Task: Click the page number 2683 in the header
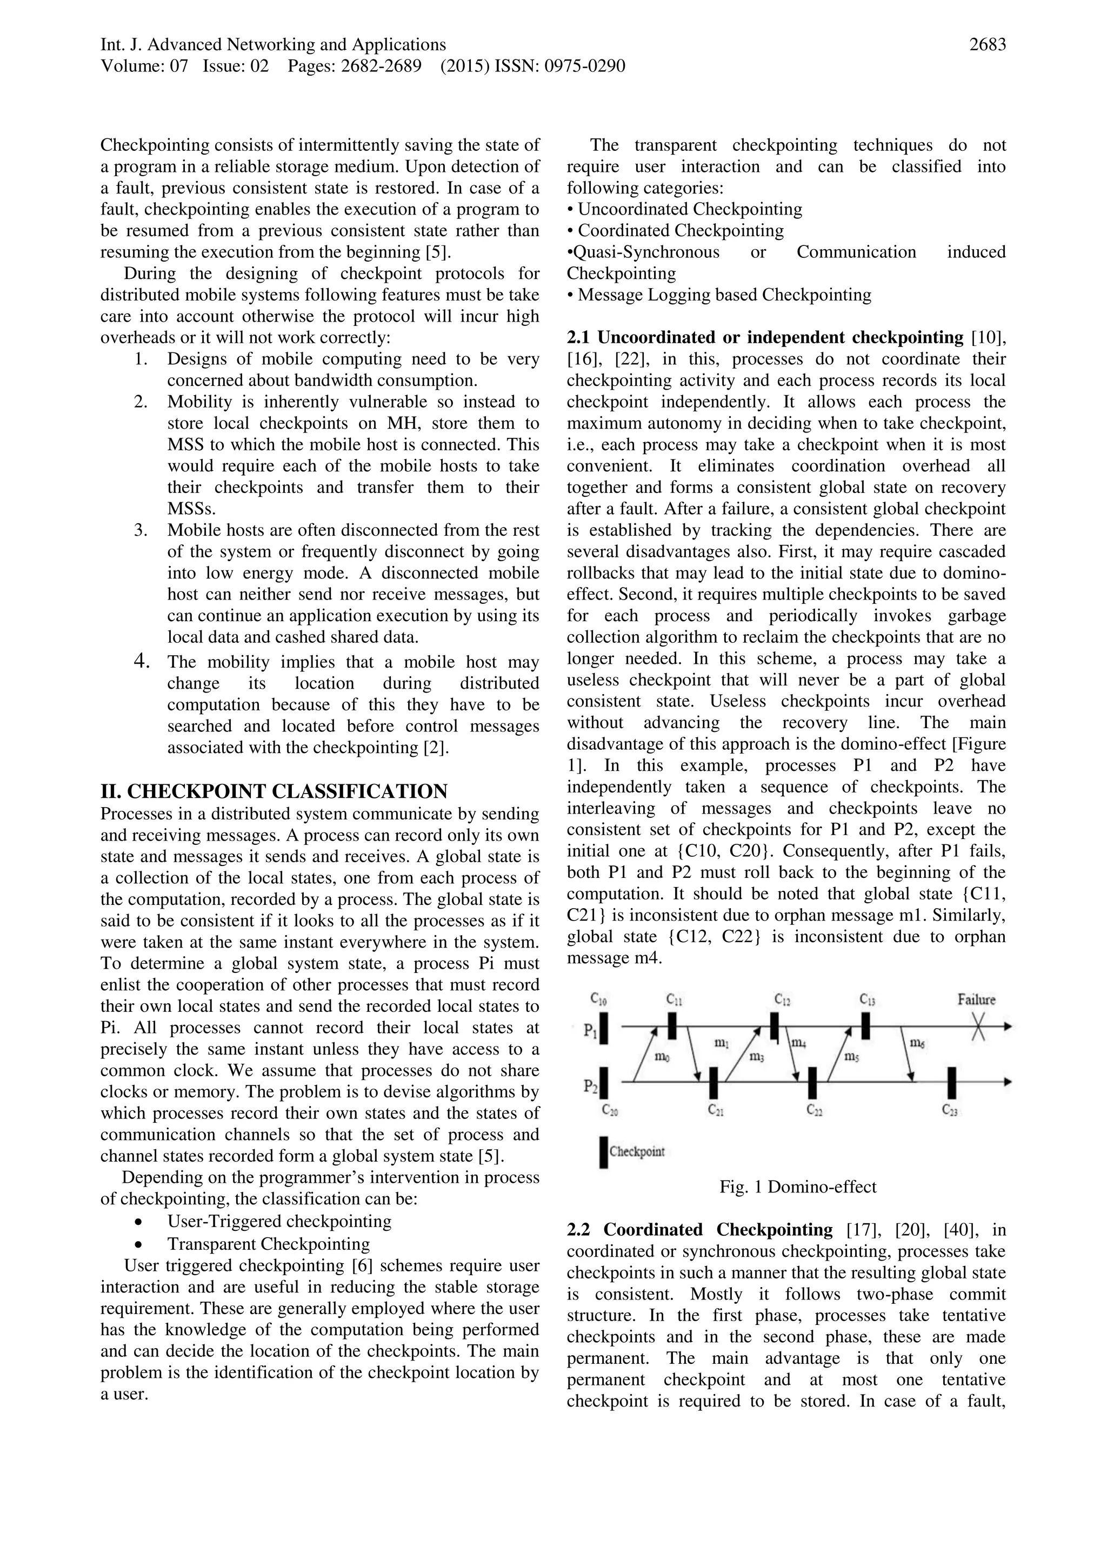987,45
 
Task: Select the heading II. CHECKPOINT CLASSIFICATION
274,791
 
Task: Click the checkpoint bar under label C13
865,1026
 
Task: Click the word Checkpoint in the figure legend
636,1152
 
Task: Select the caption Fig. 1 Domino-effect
797,1187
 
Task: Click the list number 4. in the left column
141,661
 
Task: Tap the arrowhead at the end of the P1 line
1008,1026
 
